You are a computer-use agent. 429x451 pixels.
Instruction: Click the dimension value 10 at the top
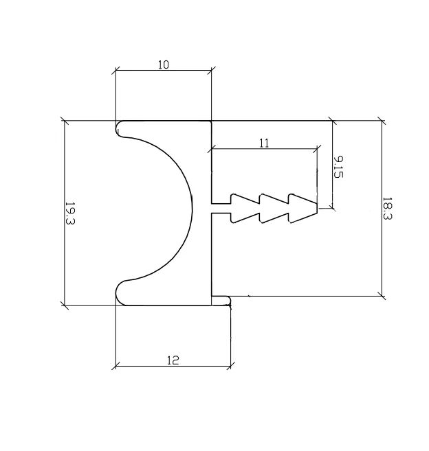pyautogui.click(x=163, y=65)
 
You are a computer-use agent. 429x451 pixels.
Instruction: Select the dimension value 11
pyautogui.click(x=264, y=143)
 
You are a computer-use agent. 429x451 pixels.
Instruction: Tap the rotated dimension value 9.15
pyautogui.click(x=338, y=166)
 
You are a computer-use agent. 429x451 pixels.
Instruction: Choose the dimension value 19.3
pyautogui.click(x=70, y=213)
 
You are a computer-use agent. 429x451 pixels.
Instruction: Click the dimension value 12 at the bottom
pyautogui.click(x=173, y=360)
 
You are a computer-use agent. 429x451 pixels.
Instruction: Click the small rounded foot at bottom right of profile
pyautogui.click(x=222, y=301)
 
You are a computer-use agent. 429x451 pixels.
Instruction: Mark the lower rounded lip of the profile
pyautogui.click(x=124, y=293)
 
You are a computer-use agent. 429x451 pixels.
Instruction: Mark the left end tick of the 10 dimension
pyautogui.click(x=115, y=70)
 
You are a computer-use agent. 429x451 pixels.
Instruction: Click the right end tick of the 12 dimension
pyautogui.click(x=231, y=365)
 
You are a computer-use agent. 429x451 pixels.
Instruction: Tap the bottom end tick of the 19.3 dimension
pyautogui.click(x=65, y=305)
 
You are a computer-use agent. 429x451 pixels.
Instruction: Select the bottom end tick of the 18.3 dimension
pyautogui.click(x=382, y=296)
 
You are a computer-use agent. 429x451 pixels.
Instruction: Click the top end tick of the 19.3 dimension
pyautogui.click(x=65, y=122)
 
